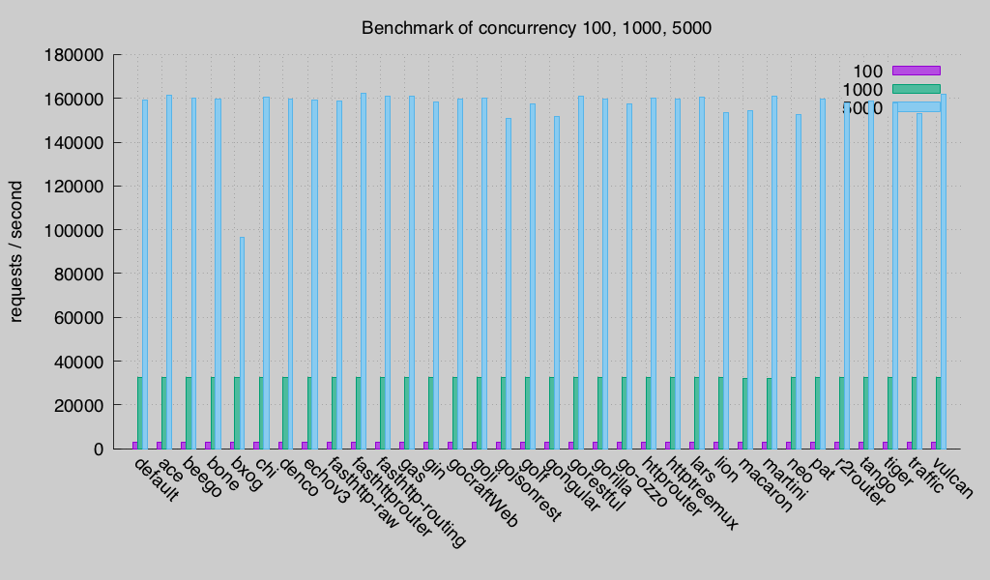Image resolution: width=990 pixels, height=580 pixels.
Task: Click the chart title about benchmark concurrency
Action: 536,27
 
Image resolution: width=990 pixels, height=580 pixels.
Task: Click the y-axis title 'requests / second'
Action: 16,251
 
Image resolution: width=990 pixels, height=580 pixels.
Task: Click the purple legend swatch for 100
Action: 916,70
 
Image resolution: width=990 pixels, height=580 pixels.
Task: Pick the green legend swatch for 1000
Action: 916,88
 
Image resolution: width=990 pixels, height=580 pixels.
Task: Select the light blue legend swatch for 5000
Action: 916,106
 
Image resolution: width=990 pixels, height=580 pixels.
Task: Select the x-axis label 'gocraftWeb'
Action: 482,493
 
